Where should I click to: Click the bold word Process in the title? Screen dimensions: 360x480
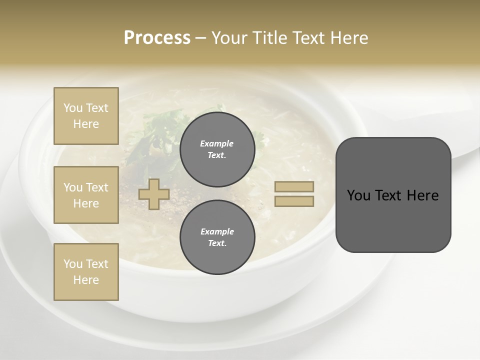157,38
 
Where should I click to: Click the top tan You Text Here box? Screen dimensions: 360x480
86,116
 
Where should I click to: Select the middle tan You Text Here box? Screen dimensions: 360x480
86,195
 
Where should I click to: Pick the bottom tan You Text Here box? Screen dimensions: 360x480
86,271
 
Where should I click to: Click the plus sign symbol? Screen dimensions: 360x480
153,194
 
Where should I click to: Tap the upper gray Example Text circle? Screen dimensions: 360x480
217,149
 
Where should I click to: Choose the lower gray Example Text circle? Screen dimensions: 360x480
217,237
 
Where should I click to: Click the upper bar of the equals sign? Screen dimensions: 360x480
294,186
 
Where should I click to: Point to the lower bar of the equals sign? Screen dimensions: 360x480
294,201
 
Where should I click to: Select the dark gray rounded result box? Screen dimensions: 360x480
393,220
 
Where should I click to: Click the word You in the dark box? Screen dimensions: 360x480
358,195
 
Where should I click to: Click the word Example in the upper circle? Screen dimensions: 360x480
217,143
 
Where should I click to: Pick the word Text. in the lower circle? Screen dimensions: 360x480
217,243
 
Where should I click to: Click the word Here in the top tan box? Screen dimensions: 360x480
86,124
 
